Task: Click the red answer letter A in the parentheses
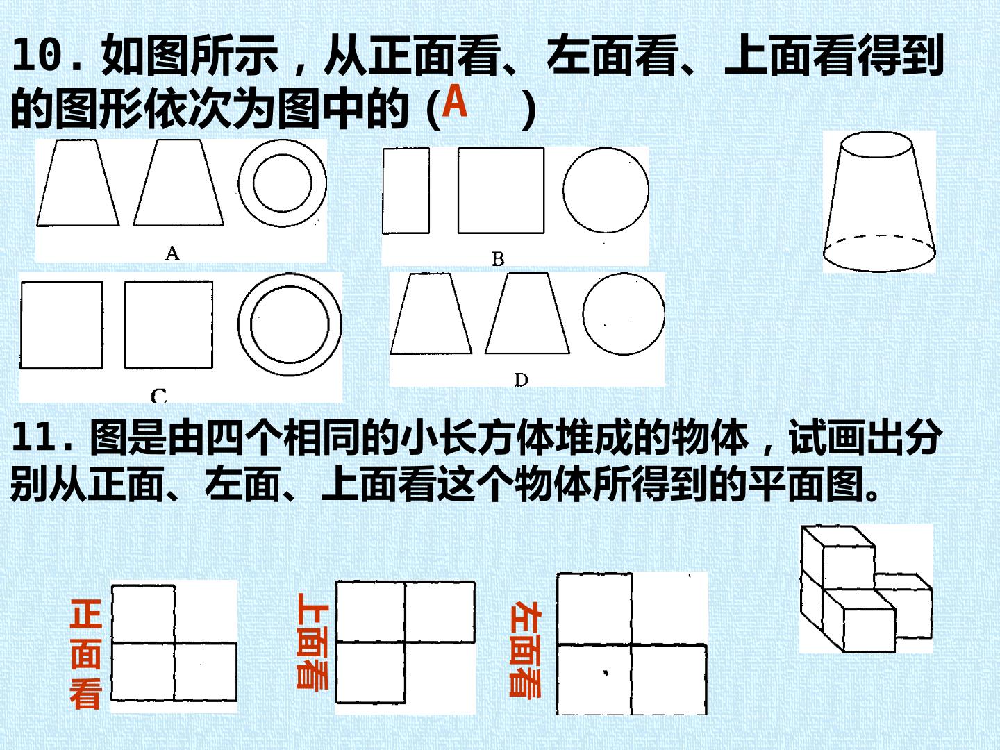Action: [x=455, y=101]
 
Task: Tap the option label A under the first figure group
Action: [x=172, y=253]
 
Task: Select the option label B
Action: [x=498, y=259]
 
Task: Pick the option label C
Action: [x=158, y=396]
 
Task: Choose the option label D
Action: [x=522, y=379]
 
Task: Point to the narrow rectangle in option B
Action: [x=406, y=190]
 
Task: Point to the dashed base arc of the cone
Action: [x=879, y=236]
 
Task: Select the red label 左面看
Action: [x=525, y=649]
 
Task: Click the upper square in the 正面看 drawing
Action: [x=142, y=615]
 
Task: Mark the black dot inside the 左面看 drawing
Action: [x=606, y=673]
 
